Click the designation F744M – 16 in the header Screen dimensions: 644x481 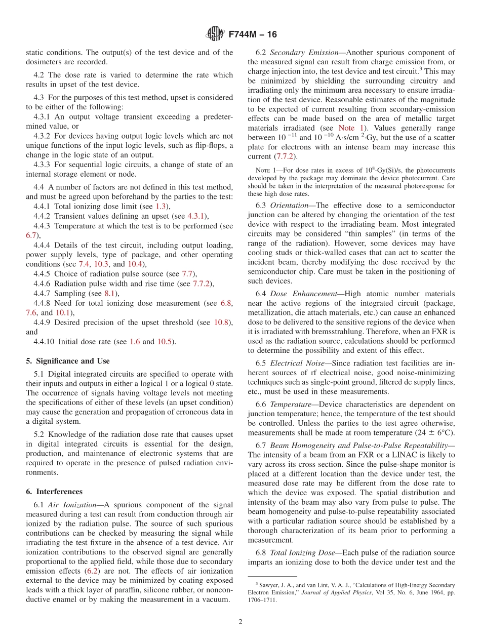(x=253, y=35)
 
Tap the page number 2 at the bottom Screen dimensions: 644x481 (x=240, y=622)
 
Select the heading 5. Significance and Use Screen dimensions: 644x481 (x=67, y=361)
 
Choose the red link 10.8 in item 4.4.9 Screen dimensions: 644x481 (x=221, y=323)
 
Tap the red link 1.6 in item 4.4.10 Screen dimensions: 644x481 (x=134, y=342)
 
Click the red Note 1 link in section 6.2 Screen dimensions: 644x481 (x=346, y=129)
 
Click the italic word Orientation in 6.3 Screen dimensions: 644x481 (x=291, y=206)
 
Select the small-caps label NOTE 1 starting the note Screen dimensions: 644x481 (x=265, y=171)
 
